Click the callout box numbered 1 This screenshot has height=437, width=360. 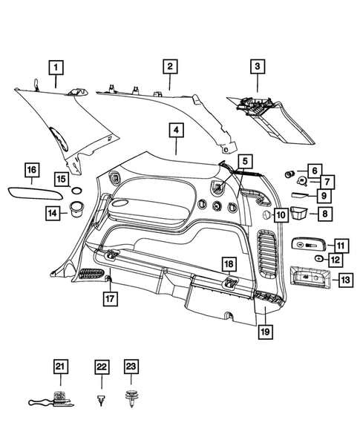click(x=56, y=67)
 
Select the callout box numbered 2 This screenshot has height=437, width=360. click(x=169, y=67)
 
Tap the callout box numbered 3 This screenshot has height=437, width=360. click(x=257, y=68)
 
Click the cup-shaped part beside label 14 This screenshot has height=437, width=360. click(x=74, y=214)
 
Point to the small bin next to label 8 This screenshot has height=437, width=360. click(x=299, y=214)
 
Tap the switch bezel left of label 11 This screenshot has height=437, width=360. click(x=307, y=245)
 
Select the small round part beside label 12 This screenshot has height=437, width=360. click(x=318, y=258)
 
